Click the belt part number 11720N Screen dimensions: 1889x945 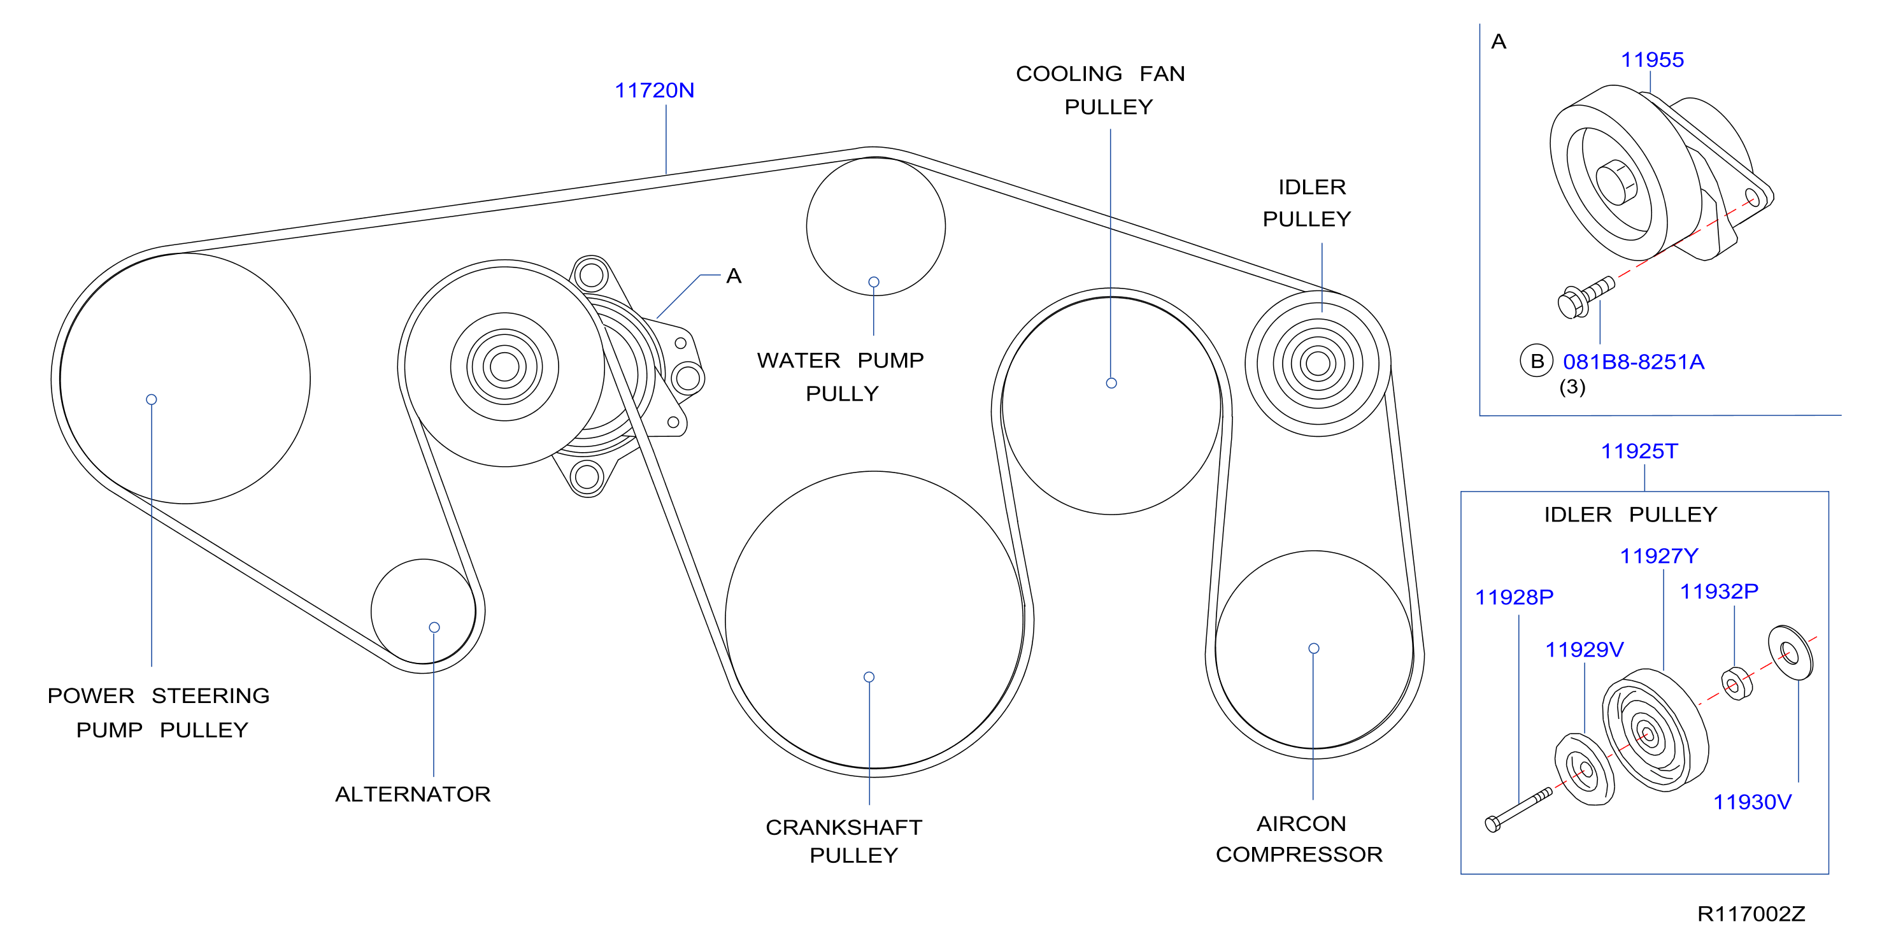pos(654,90)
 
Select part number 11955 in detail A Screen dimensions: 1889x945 pos(1651,59)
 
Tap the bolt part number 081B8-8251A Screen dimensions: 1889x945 pos(1633,362)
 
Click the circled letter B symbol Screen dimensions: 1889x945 pos(1536,360)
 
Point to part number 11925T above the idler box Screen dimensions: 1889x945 pos(1639,451)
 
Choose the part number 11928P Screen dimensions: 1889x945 pos(1515,597)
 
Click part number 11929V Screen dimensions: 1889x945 pos(1584,650)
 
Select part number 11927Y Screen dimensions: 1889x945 pos(1658,556)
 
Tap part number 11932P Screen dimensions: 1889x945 pos(1719,591)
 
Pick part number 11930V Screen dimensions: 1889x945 pos(1752,801)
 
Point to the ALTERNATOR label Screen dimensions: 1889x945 pos(413,794)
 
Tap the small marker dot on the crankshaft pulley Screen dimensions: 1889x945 pos(869,677)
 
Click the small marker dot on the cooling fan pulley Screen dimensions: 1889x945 pos(1111,383)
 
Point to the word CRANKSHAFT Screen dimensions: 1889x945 pos(843,827)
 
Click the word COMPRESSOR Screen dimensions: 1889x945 pos(1299,854)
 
